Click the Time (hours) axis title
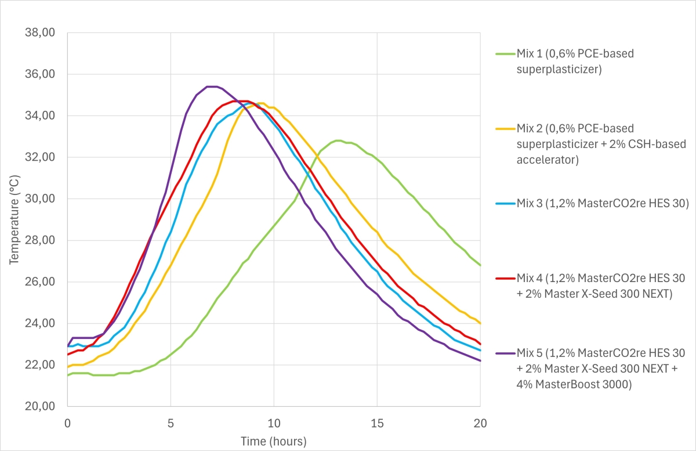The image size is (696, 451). (x=274, y=441)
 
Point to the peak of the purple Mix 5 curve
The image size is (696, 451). (x=212, y=86)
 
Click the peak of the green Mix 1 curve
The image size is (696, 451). (x=338, y=140)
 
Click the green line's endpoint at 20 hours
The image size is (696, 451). (x=480, y=265)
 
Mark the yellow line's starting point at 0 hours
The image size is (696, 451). (x=68, y=367)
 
